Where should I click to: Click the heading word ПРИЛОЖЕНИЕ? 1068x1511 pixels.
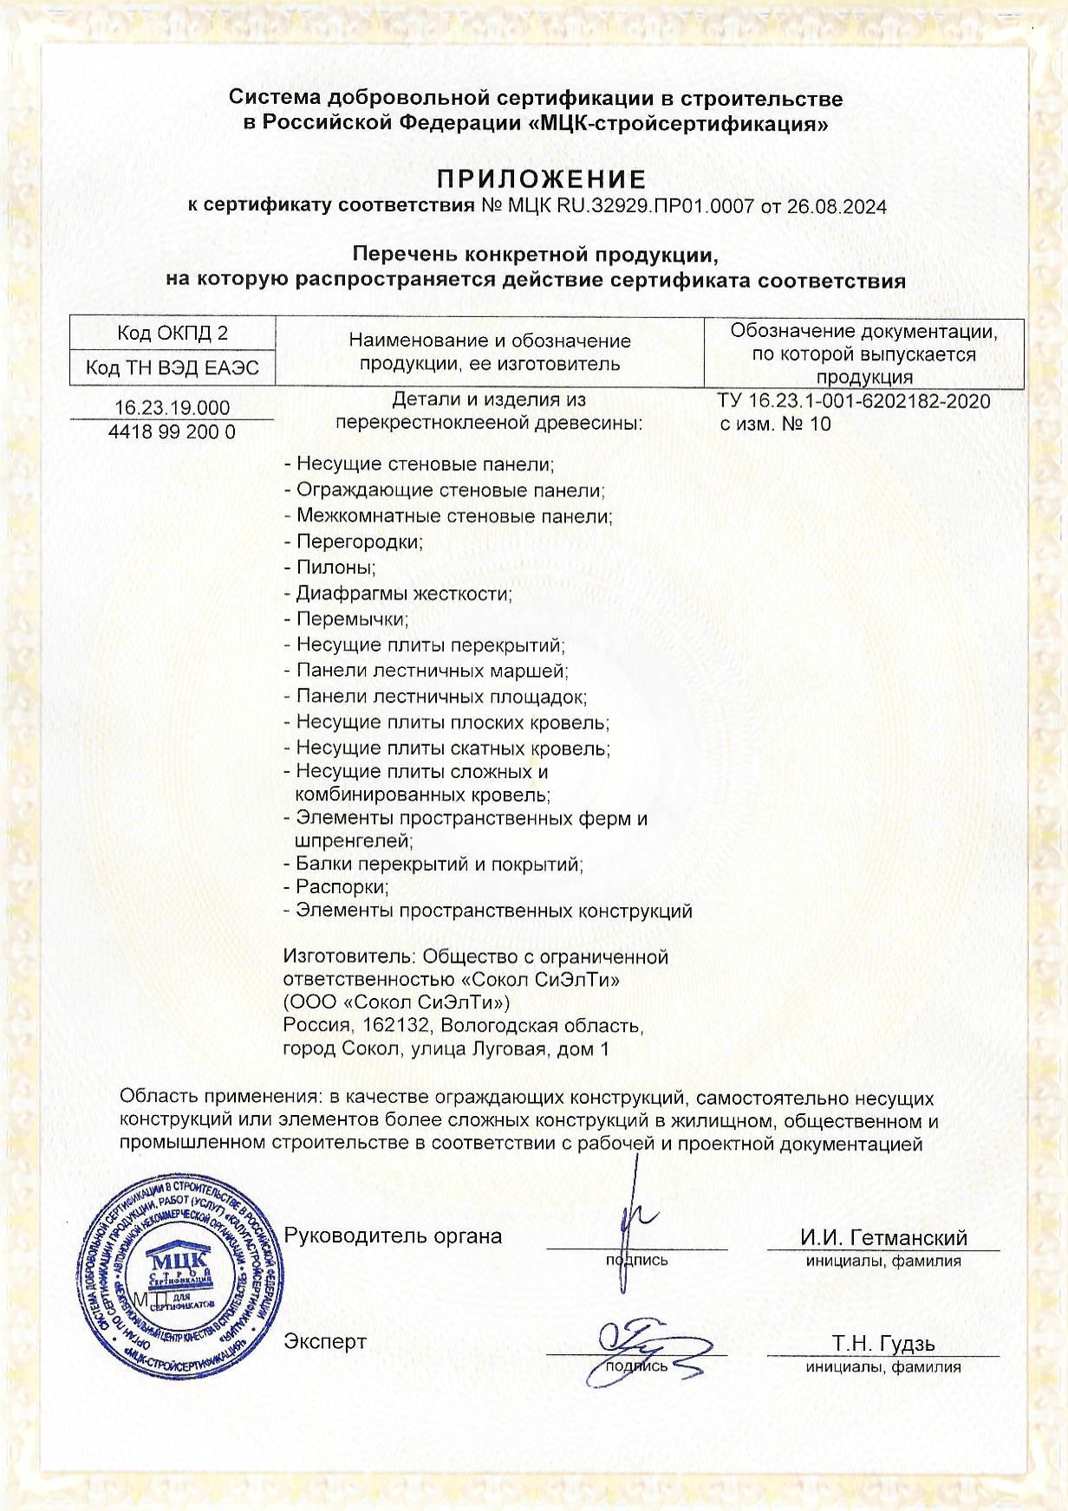(542, 179)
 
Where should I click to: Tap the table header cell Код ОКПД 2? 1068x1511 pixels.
(173, 334)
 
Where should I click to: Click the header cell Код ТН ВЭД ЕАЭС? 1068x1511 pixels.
(173, 368)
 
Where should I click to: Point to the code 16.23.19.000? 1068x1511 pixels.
(173, 408)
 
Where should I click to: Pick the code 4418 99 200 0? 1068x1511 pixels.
(173, 431)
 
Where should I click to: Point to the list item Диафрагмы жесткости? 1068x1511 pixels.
(404, 594)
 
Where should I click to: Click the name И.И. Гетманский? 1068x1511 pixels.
(883, 1237)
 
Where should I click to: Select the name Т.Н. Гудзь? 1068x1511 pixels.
(883, 1344)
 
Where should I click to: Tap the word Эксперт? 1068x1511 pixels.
(325, 1341)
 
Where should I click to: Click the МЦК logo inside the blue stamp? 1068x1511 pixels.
(177, 1262)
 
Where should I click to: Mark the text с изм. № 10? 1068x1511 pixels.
(775, 424)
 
